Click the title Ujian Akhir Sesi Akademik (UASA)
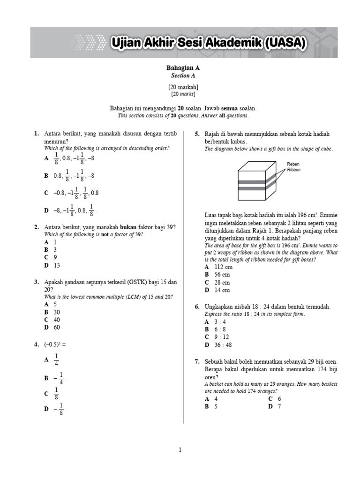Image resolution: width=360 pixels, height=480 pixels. (209, 44)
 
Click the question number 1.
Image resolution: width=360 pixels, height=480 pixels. (36, 134)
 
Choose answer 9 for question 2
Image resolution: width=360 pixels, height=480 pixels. (55, 257)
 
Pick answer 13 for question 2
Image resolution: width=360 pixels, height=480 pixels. (57, 265)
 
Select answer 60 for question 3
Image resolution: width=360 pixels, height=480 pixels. (57, 327)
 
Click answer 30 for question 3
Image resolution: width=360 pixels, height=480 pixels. (57, 312)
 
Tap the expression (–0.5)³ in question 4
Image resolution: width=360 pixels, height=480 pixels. (55, 345)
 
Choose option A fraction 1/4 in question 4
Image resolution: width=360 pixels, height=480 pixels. (56, 360)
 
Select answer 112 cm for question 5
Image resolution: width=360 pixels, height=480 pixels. (223, 267)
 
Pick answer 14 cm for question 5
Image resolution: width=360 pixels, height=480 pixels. (221, 290)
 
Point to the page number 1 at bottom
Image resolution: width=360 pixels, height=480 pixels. (180, 450)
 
